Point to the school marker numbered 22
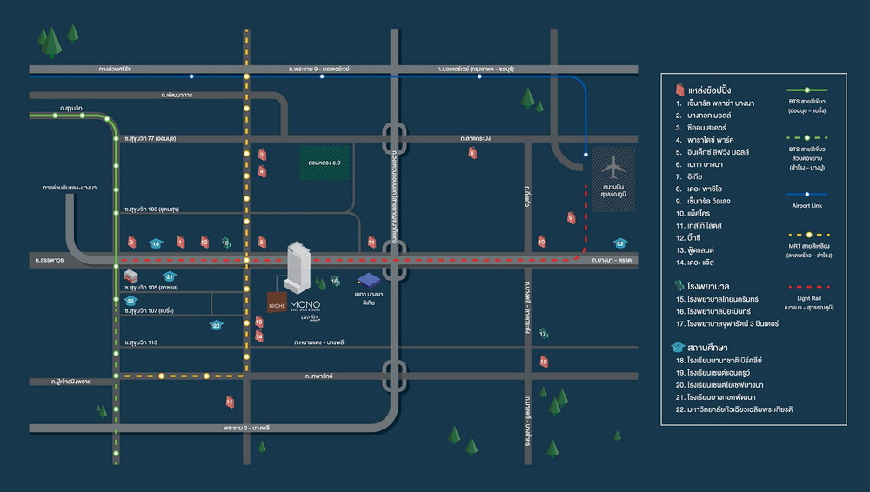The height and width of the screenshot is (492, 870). point(620,243)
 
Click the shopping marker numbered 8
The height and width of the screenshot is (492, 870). point(472,154)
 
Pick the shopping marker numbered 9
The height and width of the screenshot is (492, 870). point(572,217)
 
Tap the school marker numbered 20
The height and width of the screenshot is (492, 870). point(217,325)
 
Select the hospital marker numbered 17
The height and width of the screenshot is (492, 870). point(543,334)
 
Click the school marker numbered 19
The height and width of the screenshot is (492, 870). point(130,301)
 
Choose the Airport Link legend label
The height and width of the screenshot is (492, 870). point(806,206)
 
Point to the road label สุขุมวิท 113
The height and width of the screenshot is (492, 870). point(141,342)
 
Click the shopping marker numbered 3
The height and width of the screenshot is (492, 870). point(261,155)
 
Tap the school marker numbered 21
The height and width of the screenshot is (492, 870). point(170,276)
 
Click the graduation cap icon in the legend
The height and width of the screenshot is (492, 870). point(679,346)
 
